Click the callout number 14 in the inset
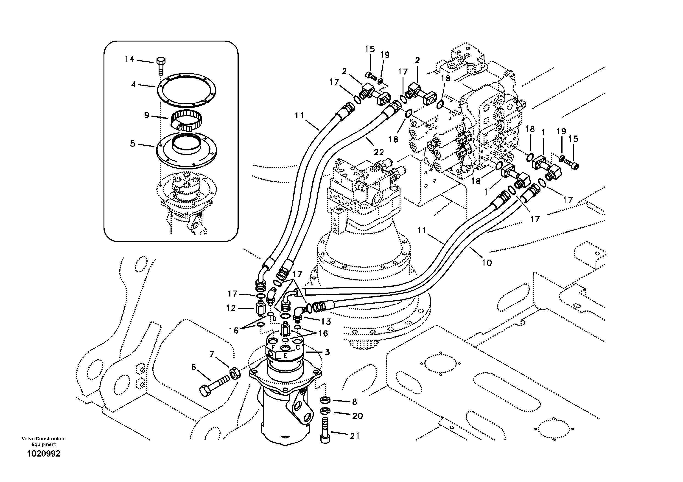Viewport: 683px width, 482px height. tap(129, 59)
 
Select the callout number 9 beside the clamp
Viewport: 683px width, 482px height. tap(147, 115)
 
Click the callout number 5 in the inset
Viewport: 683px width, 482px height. tap(134, 84)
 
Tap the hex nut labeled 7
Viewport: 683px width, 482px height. tap(234, 374)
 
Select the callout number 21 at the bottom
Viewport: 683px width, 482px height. tap(355, 436)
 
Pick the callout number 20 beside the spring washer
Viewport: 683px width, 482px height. tap(357, 416)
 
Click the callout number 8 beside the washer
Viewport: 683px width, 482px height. tap(355, 402)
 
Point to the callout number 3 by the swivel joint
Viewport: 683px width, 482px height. tap(327, 352)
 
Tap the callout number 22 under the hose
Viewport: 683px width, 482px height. tap(379, 152)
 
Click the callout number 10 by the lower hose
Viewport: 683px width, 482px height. tap(487, 263)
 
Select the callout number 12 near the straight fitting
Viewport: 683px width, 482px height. tap(231, 308)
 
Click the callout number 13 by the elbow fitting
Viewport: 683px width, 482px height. tap(326, 321)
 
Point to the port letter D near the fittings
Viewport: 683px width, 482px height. tap(274, 319)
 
